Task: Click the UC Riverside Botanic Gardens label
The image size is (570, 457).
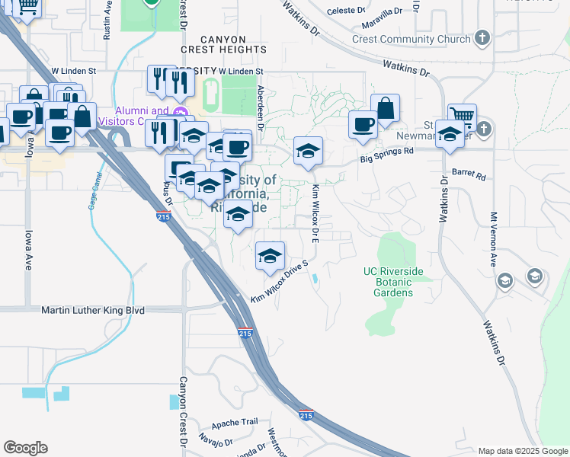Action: (x=392, y=282)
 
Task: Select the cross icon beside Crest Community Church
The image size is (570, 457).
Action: (x=482, y=37)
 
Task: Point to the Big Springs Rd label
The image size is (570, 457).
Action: (x=386, y=151)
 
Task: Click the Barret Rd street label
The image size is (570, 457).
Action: (x=469, y=175)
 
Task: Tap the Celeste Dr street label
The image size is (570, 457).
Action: (x=347, y=11)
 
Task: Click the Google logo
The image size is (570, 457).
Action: (x=25, y=448)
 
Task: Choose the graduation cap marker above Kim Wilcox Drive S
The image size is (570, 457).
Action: (x=270, y=256)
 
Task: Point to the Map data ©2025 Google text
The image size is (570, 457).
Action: (x=522, y=451)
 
